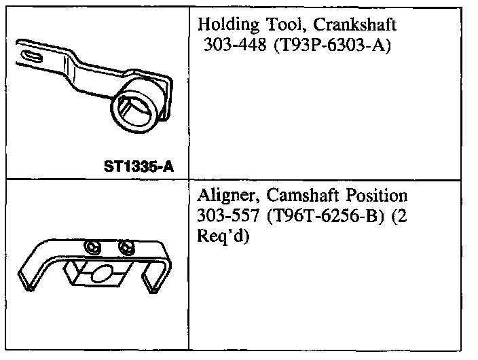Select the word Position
376,196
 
